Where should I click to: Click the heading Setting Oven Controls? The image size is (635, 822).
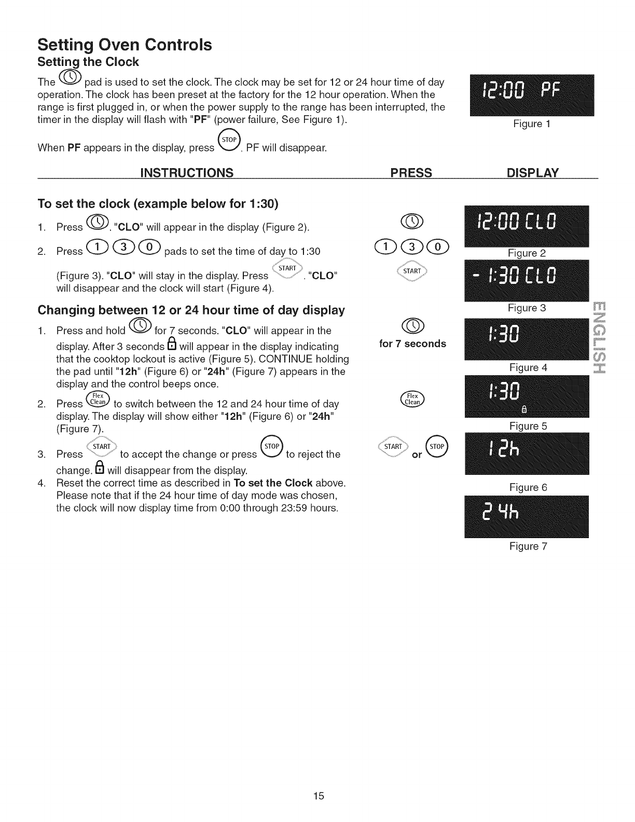(125, 45)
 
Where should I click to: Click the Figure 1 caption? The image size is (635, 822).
(531, 124)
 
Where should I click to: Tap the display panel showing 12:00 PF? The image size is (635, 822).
(531, 95)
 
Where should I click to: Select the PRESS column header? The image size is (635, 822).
(411, 173)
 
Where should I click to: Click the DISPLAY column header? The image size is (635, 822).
(532, 173)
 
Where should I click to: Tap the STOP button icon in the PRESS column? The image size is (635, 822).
(436, 447)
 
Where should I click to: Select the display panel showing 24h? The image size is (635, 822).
(527, 517)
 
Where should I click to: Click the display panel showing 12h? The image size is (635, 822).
(527, 453)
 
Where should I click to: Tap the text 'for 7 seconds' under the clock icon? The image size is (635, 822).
(412, 344)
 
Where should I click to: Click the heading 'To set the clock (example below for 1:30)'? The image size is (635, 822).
(158, 204)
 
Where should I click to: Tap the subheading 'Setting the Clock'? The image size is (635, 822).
(88, 62)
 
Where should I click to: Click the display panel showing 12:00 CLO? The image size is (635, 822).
(527, 226)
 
